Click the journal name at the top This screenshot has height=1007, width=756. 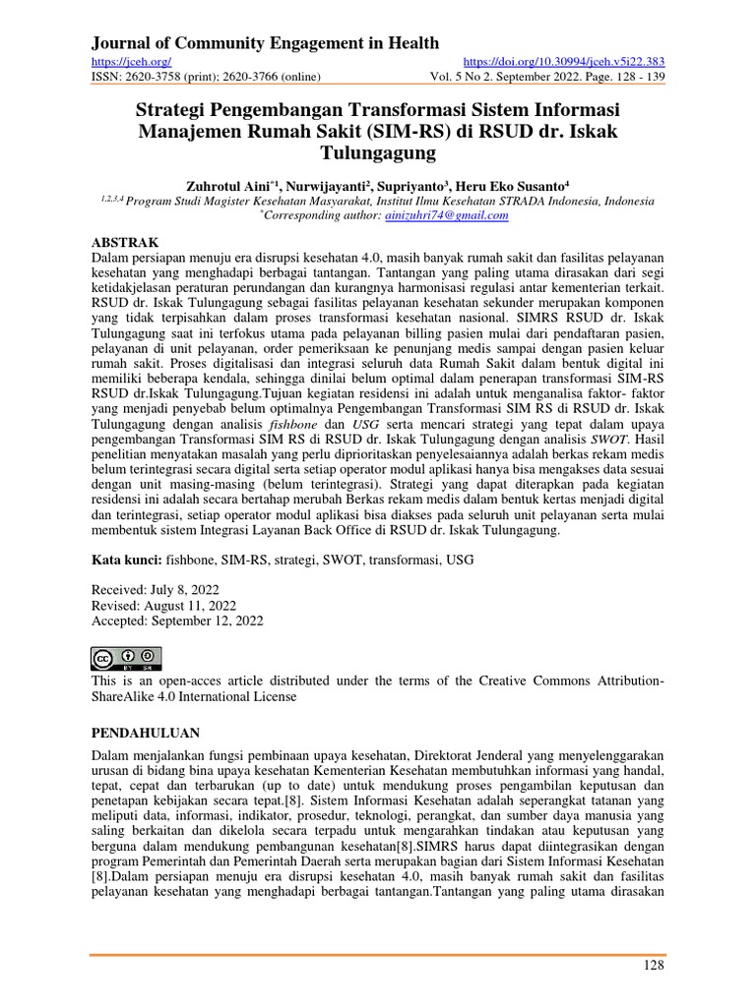coord(265,42)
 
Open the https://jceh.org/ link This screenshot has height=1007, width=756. coord(125,62)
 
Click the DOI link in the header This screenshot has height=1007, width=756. coord(563,62)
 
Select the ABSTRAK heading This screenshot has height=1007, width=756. coord(124,241)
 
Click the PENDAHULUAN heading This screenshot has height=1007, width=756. coord(146,733)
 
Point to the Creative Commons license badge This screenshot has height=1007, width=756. coord(126,658)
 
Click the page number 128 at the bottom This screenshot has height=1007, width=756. coord(653,966)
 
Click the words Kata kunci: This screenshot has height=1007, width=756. coord(127,560)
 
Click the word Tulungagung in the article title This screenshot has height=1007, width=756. coord(378,154)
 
